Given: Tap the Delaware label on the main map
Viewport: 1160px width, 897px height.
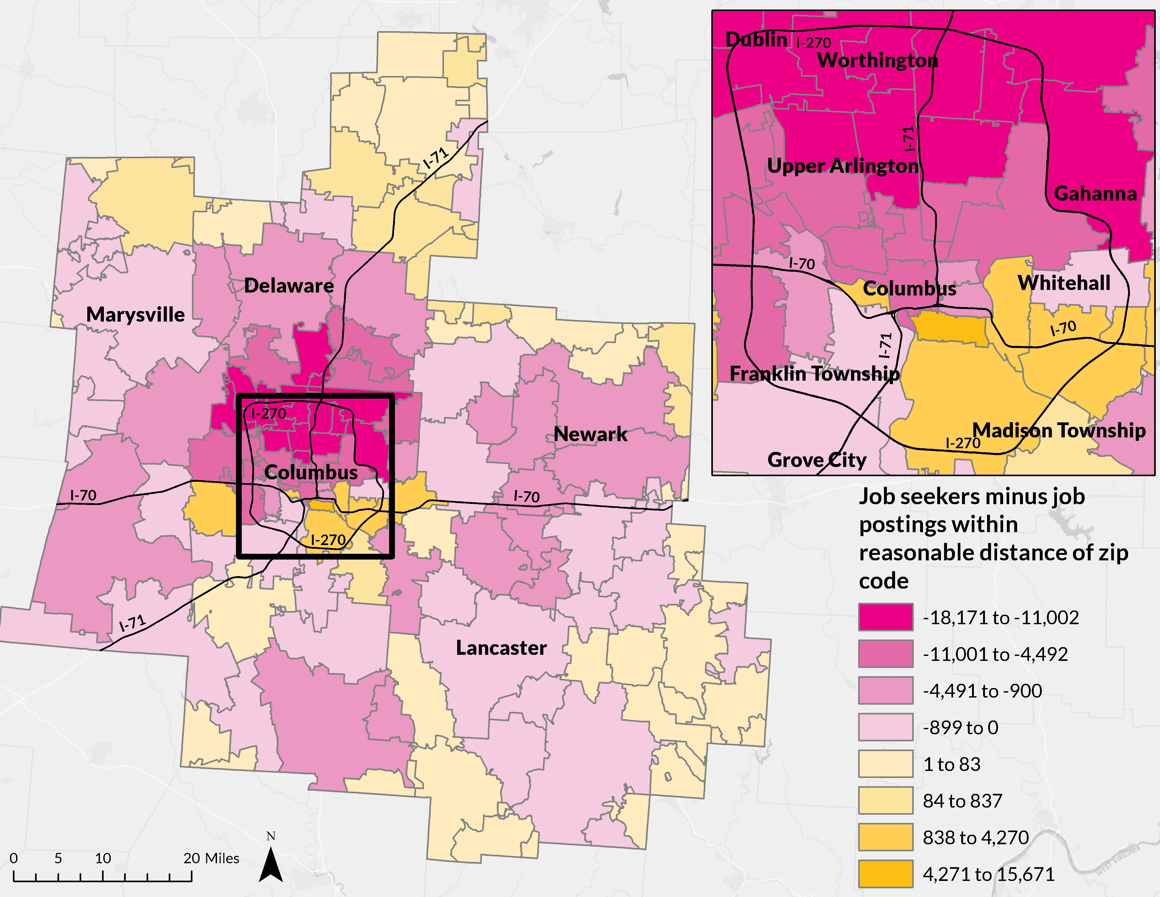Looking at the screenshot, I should pos(289,286).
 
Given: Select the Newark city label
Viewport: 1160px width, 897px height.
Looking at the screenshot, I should pos(590,434).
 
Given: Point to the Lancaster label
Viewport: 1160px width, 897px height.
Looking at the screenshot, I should pos(501,648).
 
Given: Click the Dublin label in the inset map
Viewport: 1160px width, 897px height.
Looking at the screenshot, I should pos(756,39).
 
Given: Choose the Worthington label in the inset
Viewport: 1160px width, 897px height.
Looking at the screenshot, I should pos(877,61).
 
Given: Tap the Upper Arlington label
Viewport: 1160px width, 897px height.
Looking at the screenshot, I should pos(843,166).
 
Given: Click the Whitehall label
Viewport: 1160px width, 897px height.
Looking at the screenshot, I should pos(1064,283).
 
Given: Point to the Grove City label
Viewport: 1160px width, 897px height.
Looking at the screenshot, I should pos(817,460).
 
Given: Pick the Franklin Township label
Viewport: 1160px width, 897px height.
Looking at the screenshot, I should pos(815,374).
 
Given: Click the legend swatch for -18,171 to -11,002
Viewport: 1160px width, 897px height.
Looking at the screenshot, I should pos(885,617).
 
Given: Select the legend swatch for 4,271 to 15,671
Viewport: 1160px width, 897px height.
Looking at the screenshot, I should pos(885,874).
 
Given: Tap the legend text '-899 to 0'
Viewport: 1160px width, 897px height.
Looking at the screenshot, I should pos(960,727).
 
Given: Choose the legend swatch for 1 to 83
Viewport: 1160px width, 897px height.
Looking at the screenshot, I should pos(885,764).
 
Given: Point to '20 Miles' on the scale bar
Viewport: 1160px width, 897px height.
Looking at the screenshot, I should pos(211,858).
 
